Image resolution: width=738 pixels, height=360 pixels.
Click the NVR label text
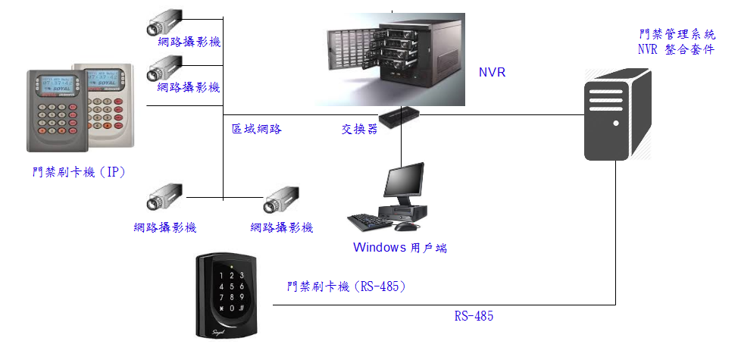point(492,73)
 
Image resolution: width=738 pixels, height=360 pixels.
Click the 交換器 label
point(359,129)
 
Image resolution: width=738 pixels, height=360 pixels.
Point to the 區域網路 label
point(257,129)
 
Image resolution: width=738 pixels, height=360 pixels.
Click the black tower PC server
point(617,114)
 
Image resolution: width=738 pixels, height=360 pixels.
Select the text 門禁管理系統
point(677,35)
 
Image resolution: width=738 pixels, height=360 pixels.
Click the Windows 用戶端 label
point(399,248)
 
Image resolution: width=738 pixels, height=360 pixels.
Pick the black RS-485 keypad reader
point(226,296)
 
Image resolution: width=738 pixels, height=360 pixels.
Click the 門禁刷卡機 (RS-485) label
point(348,286)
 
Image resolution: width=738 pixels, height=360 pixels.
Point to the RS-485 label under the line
point(474,316)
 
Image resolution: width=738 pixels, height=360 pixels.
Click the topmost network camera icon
point(164,23)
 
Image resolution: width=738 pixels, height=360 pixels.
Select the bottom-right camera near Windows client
point(281,204)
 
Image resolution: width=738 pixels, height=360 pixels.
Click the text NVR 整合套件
point(677,50)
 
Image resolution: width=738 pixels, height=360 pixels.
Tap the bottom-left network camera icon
point(164,197)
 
